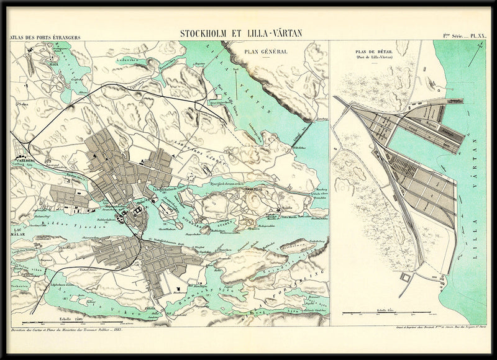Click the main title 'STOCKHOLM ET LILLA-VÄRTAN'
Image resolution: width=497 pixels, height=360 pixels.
click(x=241, y=33)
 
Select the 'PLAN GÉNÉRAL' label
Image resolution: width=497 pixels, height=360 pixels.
click(x=266, y=52)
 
